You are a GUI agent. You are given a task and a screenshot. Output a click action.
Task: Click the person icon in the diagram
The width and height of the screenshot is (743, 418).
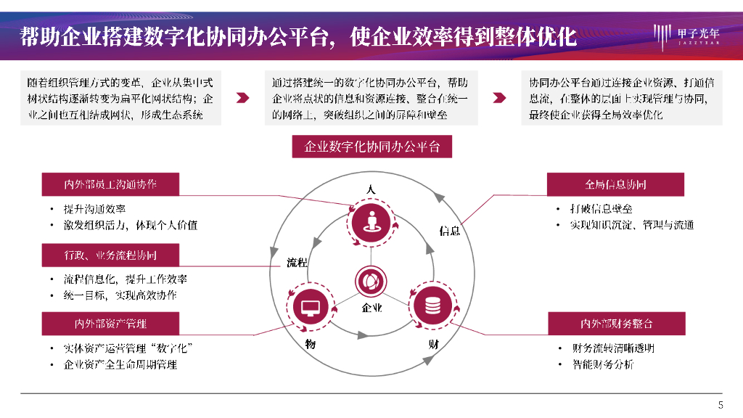[371, 221]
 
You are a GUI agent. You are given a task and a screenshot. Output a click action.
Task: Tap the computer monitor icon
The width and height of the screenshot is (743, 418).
[310, 308]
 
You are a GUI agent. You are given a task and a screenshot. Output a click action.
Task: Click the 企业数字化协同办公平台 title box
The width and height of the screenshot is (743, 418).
[371, 147]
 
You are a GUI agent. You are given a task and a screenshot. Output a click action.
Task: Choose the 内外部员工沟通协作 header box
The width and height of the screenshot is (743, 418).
[110, 184]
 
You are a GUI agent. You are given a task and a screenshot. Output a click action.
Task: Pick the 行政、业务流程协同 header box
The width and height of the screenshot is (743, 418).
[110, 255]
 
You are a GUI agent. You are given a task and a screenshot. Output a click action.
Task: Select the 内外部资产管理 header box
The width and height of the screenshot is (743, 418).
[110, 323]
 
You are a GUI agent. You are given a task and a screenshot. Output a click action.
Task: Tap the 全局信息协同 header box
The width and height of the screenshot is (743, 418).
[615, 184]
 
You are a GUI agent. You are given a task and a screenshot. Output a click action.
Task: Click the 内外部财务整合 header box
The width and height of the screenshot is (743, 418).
[615, 323]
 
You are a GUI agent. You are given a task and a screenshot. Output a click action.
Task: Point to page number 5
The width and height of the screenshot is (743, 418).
[720, 405]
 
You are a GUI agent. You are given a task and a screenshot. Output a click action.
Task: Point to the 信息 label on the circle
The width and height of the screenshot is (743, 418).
[450, 231]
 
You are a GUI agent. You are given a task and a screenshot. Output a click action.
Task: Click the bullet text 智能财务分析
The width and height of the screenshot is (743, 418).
[602, 364]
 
